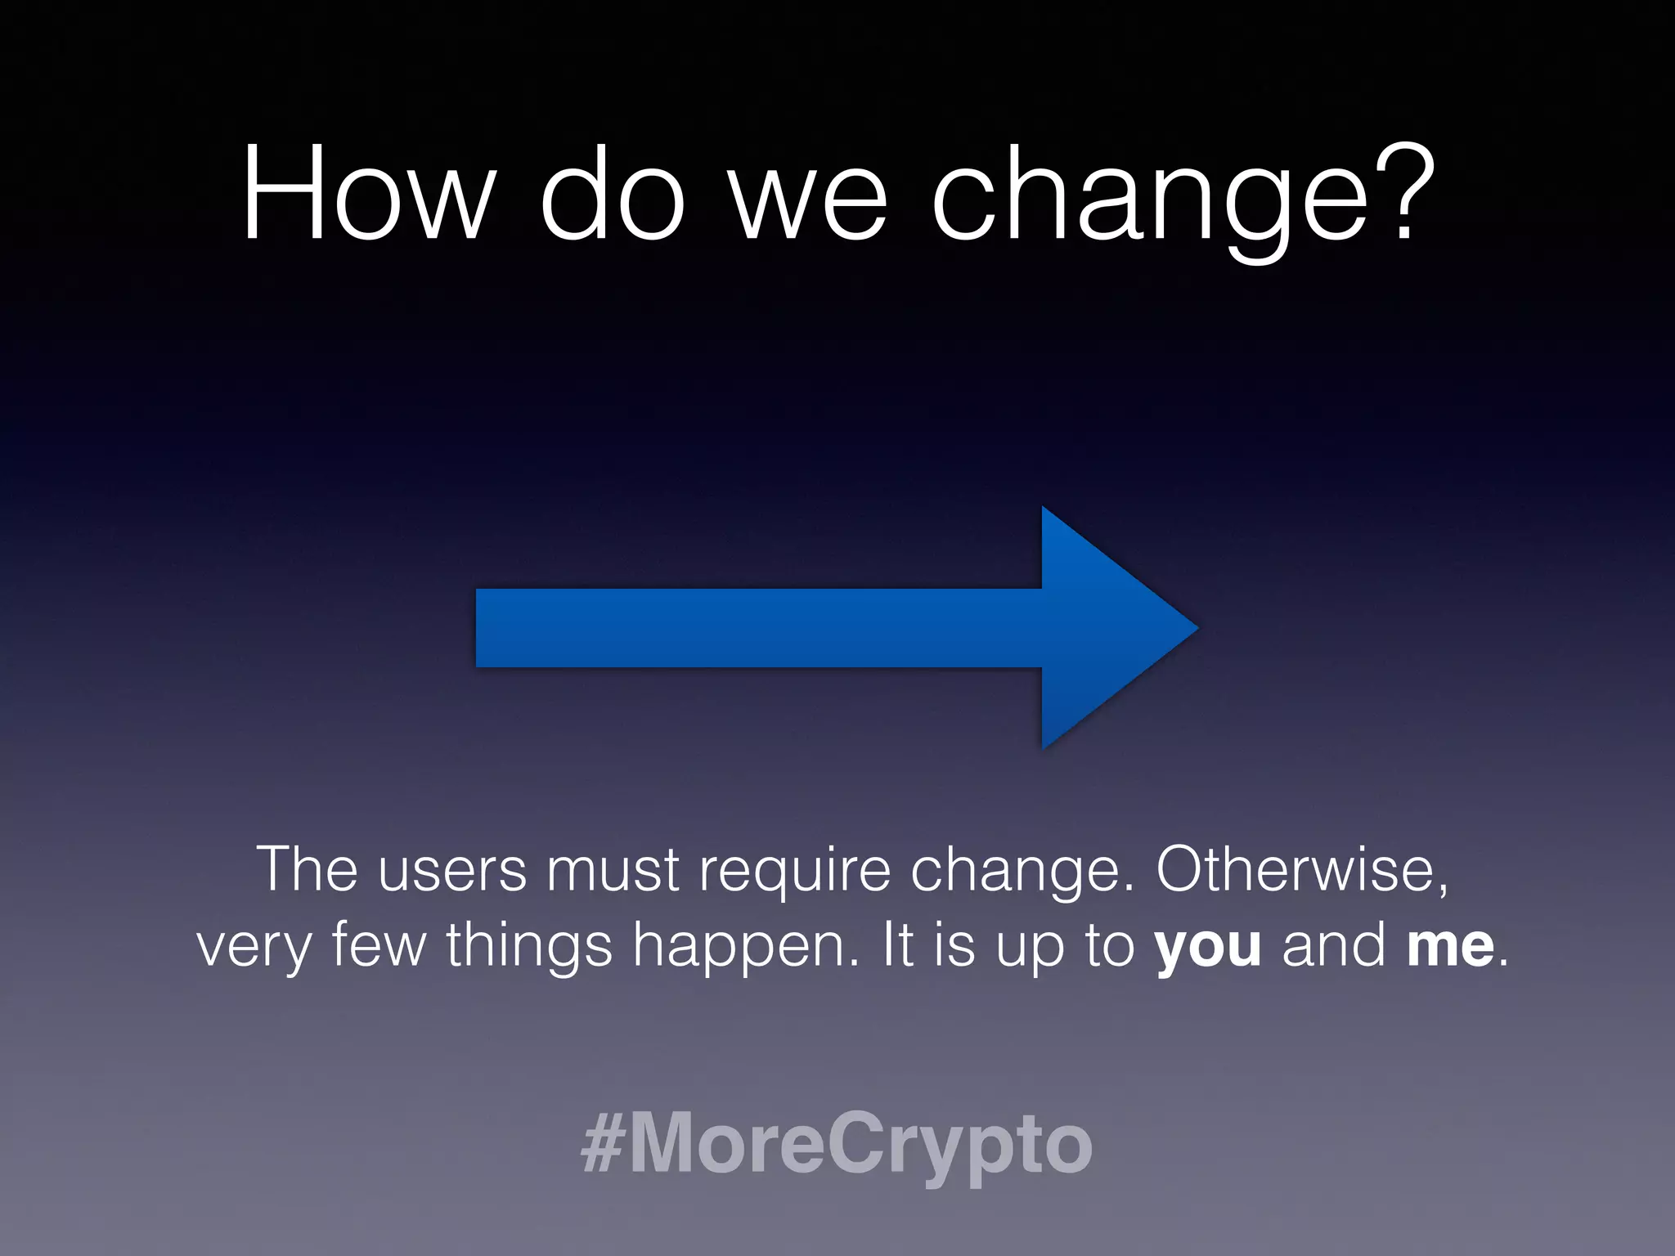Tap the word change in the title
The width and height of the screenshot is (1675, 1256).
1150,196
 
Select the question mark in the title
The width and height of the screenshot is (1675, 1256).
1403,195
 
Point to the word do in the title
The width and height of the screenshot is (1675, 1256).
611,195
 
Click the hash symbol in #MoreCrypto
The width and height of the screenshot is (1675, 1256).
603,1144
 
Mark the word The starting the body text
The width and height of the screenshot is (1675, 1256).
308,870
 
